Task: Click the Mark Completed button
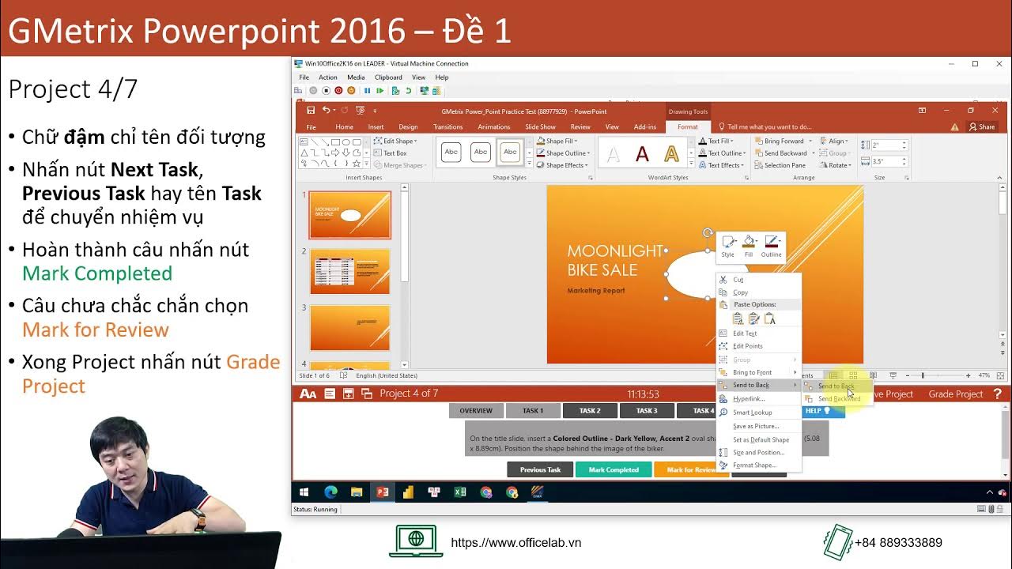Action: (614, 469)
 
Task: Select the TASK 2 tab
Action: (590, 411)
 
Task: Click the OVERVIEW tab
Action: (476, 411)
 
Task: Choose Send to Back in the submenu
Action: (836, 386)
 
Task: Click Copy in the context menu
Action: (740, 292)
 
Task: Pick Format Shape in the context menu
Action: (753, 465)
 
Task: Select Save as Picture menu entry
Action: (756, 426)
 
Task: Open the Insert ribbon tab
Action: (376, 126)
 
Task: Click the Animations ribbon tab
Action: (494, 126)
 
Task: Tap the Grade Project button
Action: (955, 394)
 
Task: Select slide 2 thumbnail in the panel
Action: (349, 271)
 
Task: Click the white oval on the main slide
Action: (692, 273)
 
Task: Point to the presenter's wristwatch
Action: (198, 519)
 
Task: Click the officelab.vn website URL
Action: (515, 543)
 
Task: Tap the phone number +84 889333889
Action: (898, 543)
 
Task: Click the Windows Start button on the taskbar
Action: (304, 492)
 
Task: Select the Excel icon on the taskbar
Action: (460, 492)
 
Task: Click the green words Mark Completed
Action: (97, 273)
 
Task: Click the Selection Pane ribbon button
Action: (784, 165)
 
